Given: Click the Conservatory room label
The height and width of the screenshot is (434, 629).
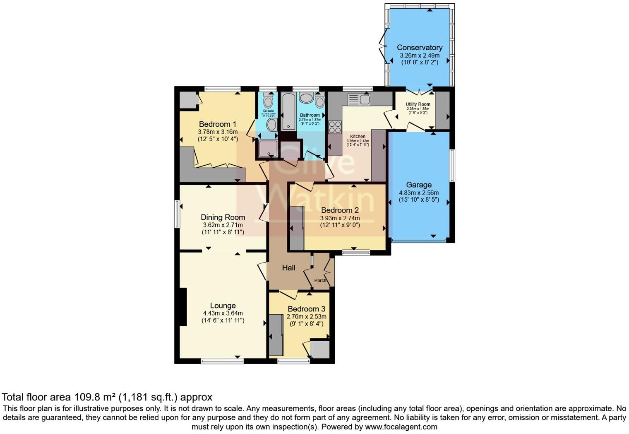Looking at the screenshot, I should tap(419, 48).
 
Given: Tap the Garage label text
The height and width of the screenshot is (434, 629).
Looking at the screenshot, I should tap(418, 185).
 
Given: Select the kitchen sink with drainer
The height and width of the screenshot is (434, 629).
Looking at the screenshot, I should tap(359, 99).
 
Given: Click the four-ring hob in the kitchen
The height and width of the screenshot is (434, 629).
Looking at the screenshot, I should tap(335, 127).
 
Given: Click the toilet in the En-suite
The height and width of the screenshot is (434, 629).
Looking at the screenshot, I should tap(268, 100).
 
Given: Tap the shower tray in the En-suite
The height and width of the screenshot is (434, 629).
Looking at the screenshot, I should tap(268, 149).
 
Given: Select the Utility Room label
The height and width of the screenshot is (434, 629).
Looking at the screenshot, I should tap(418, 104).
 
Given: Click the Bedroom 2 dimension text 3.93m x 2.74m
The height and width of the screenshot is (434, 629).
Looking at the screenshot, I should tap(340, 218).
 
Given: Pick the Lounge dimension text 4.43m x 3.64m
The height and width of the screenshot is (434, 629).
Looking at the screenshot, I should tap(223, 313).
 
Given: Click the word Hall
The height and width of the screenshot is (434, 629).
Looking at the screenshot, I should tap(288, 268).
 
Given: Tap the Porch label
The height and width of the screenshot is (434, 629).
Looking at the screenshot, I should tap(320, 280).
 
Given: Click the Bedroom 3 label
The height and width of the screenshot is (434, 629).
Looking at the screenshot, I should tap(306, 309).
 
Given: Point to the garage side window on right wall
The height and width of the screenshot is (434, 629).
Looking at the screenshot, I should tap(452, 165).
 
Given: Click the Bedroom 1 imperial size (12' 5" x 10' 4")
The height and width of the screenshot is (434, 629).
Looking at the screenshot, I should tap(218, 139).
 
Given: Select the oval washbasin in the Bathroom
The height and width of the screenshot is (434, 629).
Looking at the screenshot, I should tap(307, 98).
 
